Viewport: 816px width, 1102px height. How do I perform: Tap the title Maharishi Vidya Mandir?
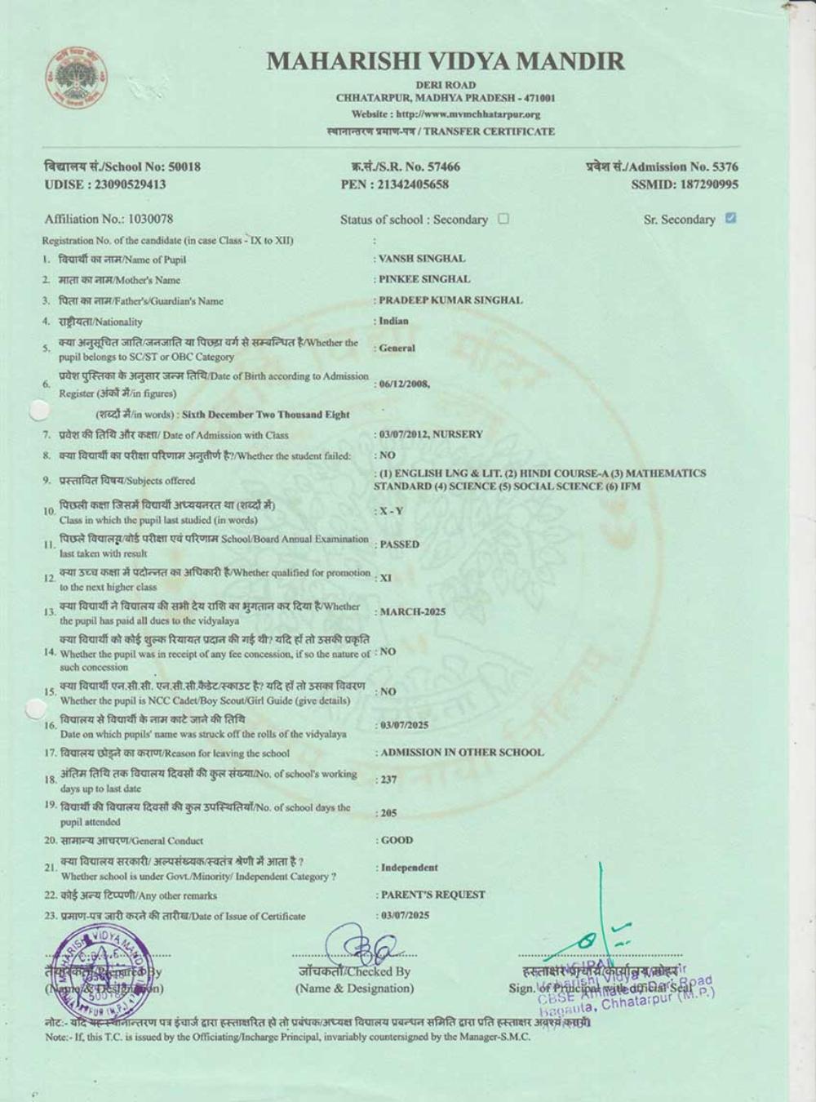pyautogui.click(x=446, y=61)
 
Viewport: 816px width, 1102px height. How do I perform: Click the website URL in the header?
pyautogui.click(x=446, y=114)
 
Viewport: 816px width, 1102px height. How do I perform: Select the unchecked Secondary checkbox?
pyautogui.click(x=503, y=219)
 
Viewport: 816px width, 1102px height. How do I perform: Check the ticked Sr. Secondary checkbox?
pyautogui.click(x=730, y=218)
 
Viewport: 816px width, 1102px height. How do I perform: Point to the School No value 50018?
pyautogui.click(x=184, y=167)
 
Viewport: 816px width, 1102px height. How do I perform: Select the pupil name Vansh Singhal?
pyautogui.click(x=422, y=259)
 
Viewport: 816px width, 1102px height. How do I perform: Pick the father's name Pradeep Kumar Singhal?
pyautogui.click(x=450, y=300)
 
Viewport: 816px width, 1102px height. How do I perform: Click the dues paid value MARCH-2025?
pyautogui.click(x=413, y=611)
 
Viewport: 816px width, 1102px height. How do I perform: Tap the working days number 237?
pyautogui.click(x=388, y=780)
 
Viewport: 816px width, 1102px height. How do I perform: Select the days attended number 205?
pyautogui.click(x=388, y=813)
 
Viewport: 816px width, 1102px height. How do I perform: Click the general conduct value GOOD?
pyautogui.click(x=397, y=840)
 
